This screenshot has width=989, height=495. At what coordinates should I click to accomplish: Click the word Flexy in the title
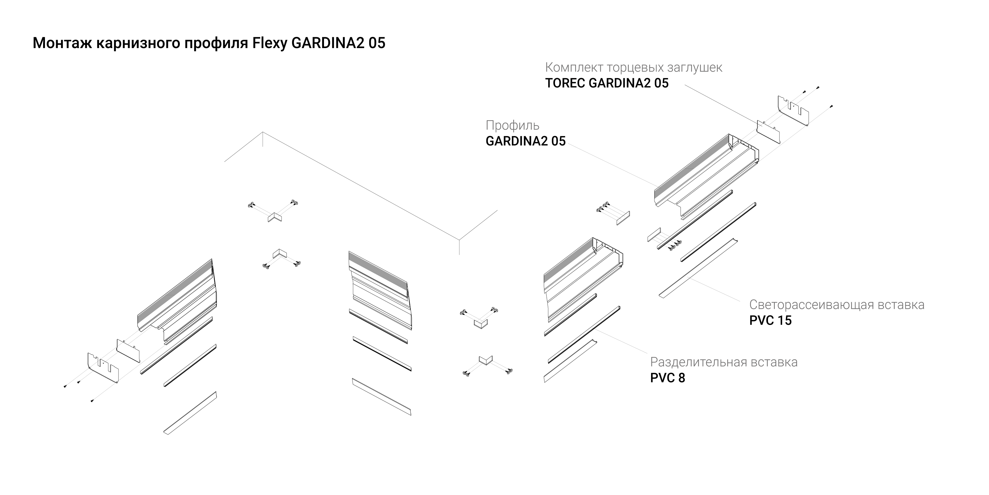coord(269,43)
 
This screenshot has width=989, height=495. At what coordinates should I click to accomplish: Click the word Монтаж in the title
coord(62,43)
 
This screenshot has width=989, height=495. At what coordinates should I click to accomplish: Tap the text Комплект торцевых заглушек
coord(633,68)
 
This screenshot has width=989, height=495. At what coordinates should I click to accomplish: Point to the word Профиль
coord(512,126)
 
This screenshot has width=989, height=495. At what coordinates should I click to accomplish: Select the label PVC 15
coord(770,320)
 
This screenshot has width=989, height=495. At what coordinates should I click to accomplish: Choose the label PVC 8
coord(667,378)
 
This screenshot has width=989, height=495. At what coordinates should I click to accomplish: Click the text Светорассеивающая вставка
coord(836,305)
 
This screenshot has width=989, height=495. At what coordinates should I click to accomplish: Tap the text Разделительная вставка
coord(724,362)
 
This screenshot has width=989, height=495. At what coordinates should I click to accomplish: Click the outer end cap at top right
coord(793,111)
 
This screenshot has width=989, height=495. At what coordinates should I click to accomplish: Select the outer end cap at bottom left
coord(103,368)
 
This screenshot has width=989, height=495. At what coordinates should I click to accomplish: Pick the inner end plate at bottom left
coord(128,350)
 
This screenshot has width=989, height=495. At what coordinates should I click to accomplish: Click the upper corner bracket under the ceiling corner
coord(274,217)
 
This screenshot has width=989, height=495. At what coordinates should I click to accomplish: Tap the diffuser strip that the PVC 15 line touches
coord(698,268)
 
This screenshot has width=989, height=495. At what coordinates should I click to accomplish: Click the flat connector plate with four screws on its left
coord(623,218)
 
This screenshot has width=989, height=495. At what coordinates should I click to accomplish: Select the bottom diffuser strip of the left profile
coord(190,413)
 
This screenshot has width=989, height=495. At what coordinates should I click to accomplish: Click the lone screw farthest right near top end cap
coord(831,106)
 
